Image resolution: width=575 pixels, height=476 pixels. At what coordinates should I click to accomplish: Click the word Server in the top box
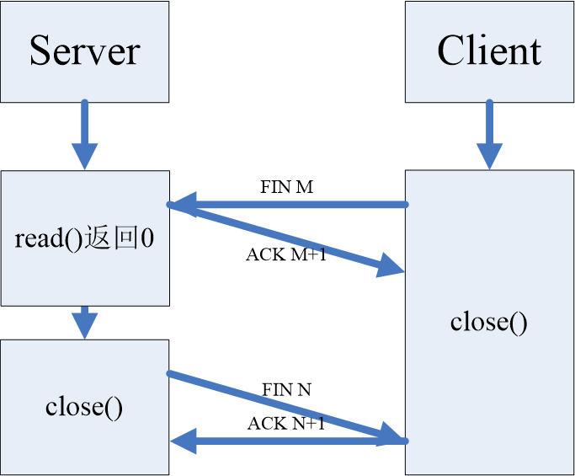[85, 51]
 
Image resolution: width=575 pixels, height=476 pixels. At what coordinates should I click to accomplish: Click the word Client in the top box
[489, 51]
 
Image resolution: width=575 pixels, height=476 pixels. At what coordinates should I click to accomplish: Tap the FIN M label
[287, 187]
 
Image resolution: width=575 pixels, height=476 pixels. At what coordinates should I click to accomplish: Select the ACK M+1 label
[286, 254]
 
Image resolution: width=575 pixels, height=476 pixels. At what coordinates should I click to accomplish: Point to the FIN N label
[287, 389]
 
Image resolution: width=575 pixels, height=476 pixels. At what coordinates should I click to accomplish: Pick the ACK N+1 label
[286, 423]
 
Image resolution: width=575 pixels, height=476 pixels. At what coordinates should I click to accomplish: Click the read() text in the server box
[48, 238]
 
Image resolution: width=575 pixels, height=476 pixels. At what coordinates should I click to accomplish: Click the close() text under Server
[84, 408]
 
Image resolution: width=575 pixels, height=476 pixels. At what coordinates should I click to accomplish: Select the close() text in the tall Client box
[489, 322]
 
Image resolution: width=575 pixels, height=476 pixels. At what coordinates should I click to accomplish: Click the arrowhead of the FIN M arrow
[184, 205]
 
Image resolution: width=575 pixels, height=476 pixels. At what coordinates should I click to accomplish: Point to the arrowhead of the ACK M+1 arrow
[391, 265]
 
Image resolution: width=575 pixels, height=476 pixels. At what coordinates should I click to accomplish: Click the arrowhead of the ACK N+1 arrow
[184, 441]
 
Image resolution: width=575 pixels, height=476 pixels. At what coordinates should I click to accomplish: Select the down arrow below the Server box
[85, 134]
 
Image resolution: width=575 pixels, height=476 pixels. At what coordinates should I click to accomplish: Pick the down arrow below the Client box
[490, 134]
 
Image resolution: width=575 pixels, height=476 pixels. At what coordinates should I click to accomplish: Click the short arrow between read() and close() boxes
[85, 323]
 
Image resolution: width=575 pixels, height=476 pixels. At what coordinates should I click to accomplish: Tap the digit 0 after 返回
[147, 238]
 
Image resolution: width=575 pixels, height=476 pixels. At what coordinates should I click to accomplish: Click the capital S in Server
[40, 51]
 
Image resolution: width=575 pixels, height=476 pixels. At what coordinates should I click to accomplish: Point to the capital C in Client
[450, 51]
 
